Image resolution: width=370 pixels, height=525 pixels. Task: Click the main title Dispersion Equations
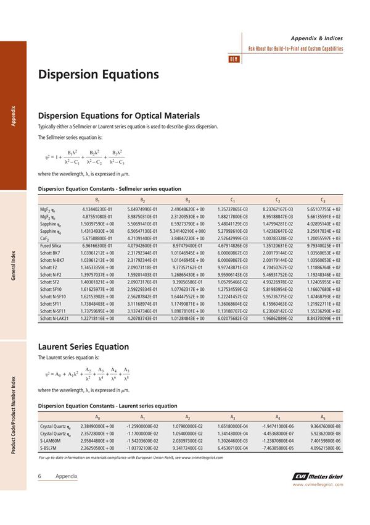99,75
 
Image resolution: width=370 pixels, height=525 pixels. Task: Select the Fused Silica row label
52,245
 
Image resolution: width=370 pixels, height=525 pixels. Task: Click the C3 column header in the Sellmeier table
323,199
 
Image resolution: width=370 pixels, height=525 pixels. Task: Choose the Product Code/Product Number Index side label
13,410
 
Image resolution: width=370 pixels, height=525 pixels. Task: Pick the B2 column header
142,199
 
